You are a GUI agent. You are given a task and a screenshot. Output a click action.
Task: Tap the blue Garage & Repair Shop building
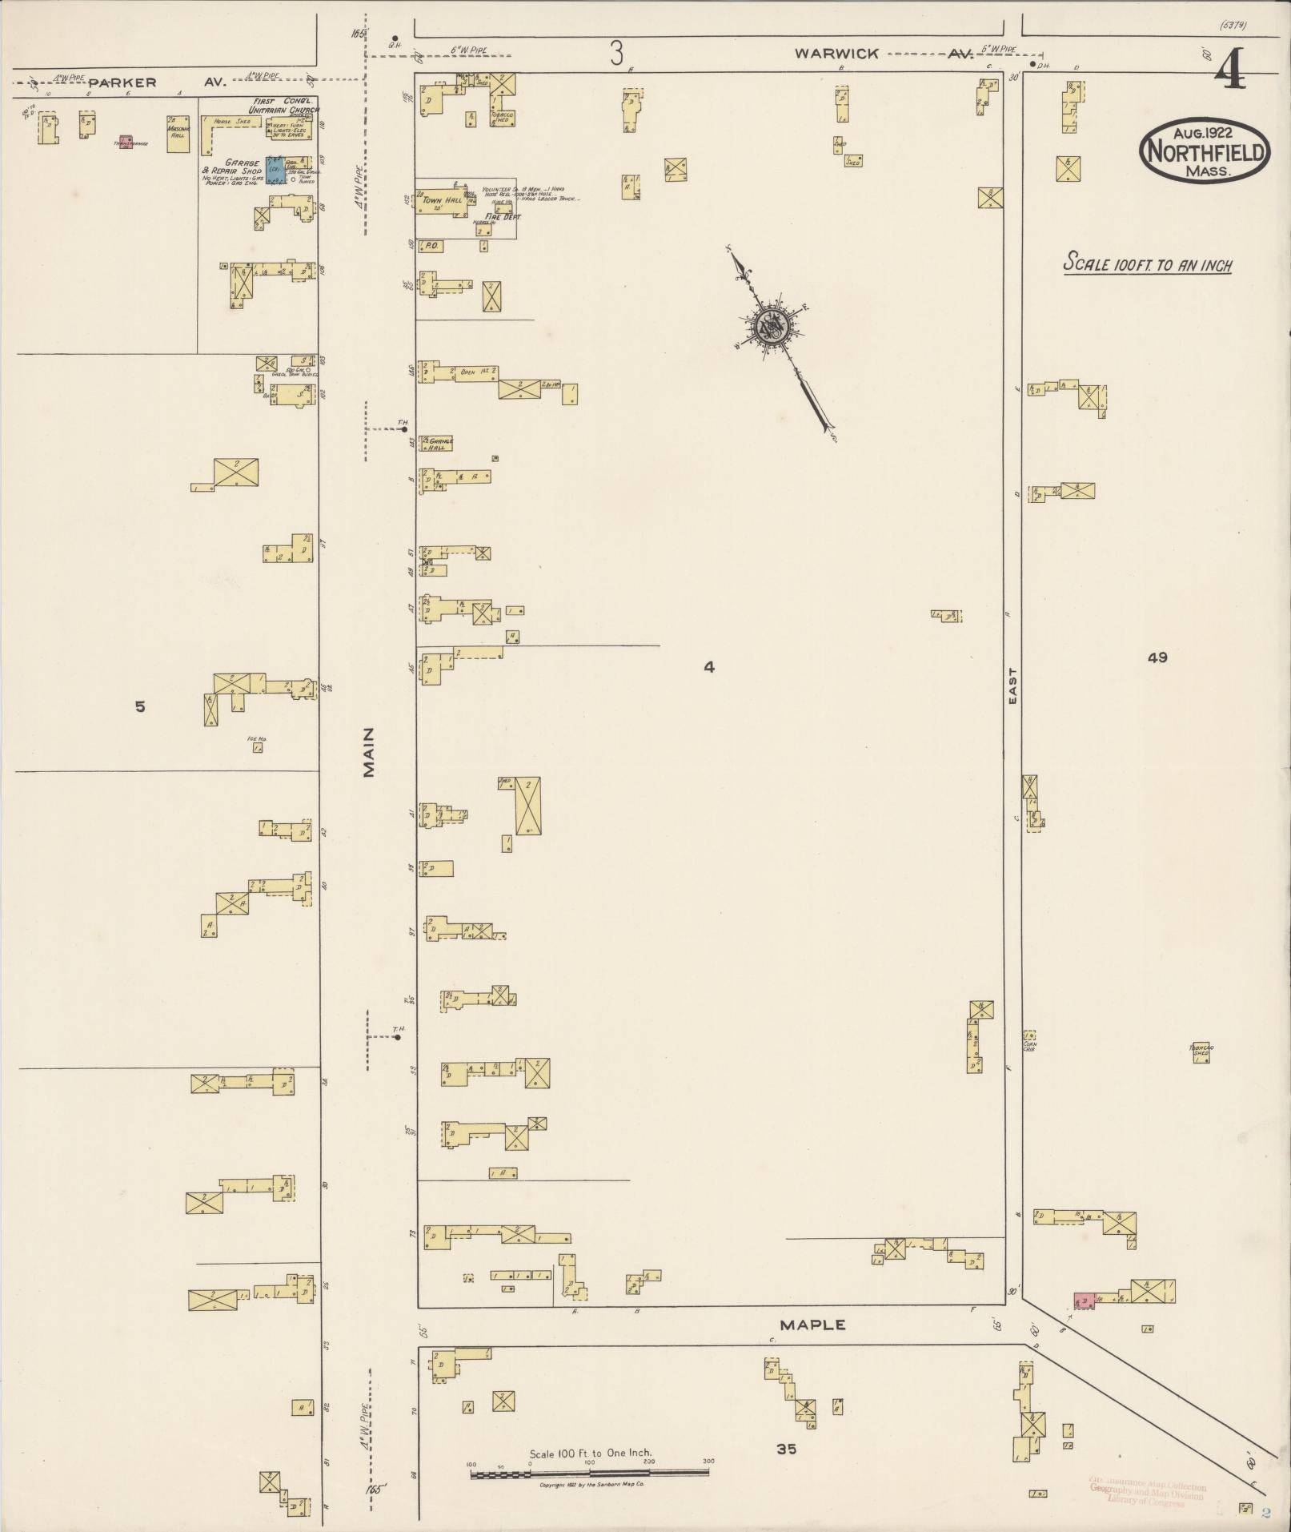276,170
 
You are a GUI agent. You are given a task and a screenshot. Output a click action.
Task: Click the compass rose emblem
773,326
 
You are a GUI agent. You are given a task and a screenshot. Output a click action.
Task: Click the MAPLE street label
812,1325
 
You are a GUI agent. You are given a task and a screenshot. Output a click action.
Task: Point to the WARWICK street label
836,54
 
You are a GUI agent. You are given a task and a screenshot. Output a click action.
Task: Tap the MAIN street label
368,752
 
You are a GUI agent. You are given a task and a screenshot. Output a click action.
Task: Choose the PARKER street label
122,82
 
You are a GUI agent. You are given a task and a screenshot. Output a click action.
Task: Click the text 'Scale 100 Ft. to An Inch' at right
1147,264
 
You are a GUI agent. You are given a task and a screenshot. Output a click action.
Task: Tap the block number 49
1157,657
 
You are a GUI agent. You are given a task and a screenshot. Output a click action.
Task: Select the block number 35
786,1448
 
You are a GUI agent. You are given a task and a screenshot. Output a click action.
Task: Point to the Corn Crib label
1030,1046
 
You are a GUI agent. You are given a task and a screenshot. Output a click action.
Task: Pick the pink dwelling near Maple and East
1085,1301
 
